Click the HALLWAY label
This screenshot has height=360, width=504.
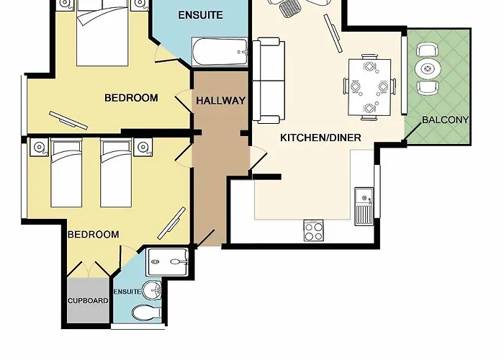point(221,101)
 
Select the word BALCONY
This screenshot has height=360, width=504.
point(445,120)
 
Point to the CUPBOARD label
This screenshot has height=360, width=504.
point(88,300)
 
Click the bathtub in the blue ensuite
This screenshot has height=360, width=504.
point(220,53)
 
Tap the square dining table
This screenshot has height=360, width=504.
point(370,86)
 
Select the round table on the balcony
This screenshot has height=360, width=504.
point(428,69)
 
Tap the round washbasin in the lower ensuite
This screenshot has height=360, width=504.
point(151,292)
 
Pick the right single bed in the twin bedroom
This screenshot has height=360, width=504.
point(117,173)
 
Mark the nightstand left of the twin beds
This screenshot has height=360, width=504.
point(38,148)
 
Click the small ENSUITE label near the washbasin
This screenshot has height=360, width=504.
point(127,292)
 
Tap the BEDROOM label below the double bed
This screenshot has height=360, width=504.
point(131,98)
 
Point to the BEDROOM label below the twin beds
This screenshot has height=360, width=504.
point(93,234)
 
